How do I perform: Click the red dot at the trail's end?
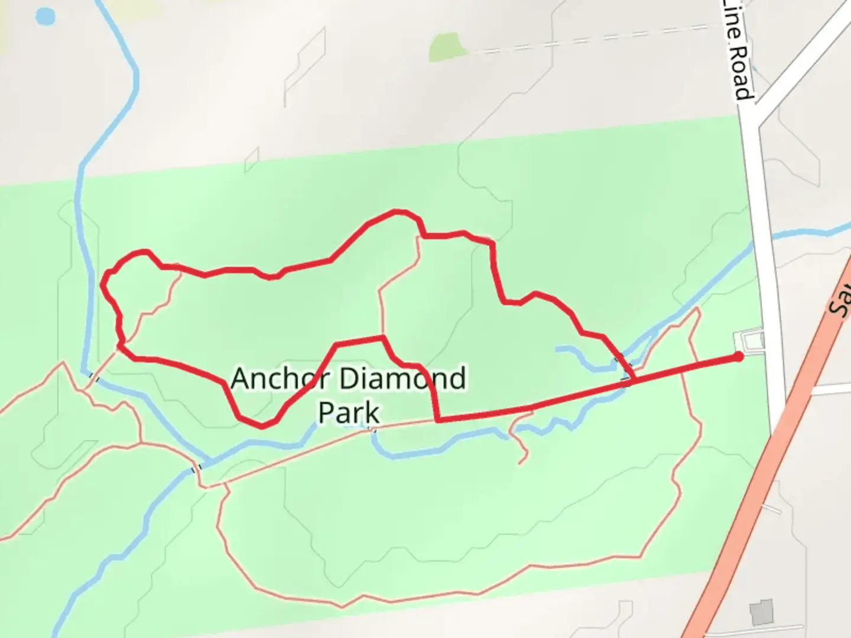point(739,356)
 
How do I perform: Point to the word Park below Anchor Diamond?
point(349,412)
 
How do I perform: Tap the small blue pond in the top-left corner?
point(45,17)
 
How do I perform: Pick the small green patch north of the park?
point(446,47)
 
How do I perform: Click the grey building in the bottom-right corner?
point(762,613)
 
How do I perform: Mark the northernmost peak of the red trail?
point(397,211)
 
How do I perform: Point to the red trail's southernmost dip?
point(262,425)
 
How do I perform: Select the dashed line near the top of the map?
point(591,38)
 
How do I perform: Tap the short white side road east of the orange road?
point(830,389)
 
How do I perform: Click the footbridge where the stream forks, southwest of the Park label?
point(196,468)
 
